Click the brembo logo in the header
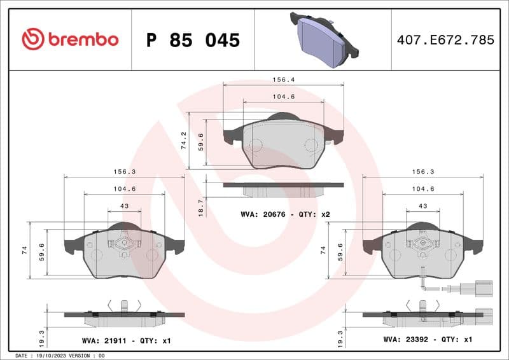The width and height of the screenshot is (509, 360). (x=70, y=39)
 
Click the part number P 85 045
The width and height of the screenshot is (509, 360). (x=193, y=40)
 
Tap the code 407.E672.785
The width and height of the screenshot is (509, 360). (x=445, y=40)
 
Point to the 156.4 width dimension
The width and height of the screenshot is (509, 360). (x=283, y=80)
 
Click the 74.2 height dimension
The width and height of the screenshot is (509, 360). (x=183, y=141)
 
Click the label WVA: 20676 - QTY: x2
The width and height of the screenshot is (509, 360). (x=285, y=214)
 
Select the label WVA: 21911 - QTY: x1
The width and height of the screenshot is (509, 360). (x=126, y=341)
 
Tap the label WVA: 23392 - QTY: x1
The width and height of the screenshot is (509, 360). (x=427, y=340)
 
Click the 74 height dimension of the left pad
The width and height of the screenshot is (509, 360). (x=24, y=250)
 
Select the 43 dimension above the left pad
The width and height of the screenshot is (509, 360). (x=124, y=206)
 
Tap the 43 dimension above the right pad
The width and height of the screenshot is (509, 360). (x=422, y=206)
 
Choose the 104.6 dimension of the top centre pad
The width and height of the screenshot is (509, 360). (x=283, y=97)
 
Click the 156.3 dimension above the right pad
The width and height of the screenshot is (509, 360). (x=422, y=172)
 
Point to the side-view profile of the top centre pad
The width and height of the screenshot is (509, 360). (x=283, y=189)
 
